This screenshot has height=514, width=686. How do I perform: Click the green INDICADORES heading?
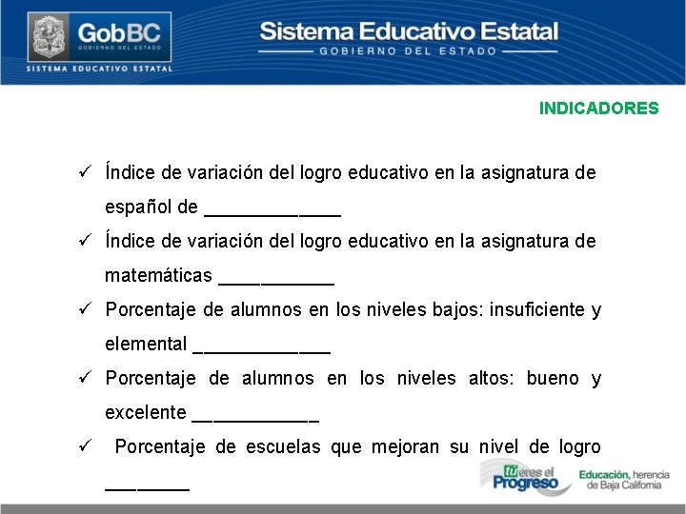(x=598, y=109)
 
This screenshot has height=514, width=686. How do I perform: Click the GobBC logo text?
(x=119, y=35)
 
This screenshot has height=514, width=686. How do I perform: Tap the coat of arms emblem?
(x=45, y=37)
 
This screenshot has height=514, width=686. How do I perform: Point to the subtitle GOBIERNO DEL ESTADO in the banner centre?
(x=408, y=50)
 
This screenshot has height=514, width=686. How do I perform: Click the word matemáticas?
(x=158, y=275)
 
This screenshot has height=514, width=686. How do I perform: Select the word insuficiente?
(x=536, y=309)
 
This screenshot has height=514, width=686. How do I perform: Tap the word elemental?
(x=146, y=344)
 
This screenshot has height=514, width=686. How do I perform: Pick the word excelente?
(x=145, y=412)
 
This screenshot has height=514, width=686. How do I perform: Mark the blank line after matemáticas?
(x=276, y=282)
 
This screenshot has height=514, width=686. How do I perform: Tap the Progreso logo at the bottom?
(x=525, y=477)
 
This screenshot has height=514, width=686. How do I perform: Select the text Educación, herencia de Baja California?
(x=624, y=480)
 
